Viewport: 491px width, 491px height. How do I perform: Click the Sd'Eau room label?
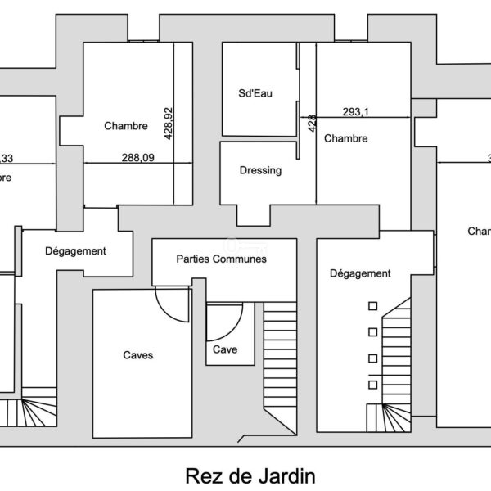255,94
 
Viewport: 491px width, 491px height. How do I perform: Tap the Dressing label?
260,171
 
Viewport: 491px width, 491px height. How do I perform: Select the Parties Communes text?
222,259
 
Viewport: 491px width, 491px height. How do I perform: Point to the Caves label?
137,355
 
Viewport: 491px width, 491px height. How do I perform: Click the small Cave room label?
225,349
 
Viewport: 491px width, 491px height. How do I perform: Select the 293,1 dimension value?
356,113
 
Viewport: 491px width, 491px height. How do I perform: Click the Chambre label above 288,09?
126,126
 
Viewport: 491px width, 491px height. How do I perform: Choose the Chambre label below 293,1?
345,139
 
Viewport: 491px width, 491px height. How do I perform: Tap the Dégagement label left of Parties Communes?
76,251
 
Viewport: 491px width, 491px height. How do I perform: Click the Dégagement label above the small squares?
359,273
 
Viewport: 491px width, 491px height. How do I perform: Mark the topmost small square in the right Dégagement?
373,306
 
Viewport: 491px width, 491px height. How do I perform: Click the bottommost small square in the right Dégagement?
373,385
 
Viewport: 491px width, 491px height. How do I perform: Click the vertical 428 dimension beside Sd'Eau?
312,124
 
